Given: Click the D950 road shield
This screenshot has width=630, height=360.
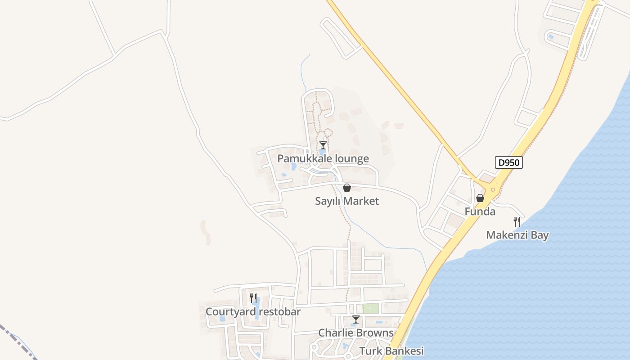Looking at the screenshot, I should tap(509, 162).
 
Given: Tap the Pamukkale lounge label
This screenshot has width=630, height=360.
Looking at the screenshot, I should tap(323, 158).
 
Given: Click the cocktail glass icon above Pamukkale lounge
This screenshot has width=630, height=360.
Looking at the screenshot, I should tap(323, 145).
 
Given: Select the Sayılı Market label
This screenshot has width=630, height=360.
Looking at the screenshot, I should tap(346, 201).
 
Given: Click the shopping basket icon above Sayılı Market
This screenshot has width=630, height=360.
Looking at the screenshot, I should tap(346, 188).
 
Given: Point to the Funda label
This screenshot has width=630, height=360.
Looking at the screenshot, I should tap(480, 211).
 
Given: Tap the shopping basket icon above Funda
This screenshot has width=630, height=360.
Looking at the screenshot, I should tap(480, 198).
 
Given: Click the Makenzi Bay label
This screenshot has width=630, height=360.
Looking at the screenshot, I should tap(517, 235).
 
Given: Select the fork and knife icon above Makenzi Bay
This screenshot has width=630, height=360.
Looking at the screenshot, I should tap(517, 221).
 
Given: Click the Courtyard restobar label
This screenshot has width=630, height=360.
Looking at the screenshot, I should tap(253, 311).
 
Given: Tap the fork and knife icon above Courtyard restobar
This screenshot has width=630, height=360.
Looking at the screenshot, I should tap(253, 298).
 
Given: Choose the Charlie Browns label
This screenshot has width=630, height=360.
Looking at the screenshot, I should tap(355, 333).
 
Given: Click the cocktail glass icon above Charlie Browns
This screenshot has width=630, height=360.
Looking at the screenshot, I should tap(355, 319).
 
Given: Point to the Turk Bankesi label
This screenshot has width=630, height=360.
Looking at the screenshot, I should tap(391, 351).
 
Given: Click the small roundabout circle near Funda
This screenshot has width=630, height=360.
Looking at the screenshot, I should tap(493, 190).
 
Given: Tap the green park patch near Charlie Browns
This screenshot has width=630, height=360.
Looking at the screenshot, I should tap(371, 309).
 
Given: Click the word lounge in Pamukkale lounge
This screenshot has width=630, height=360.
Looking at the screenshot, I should tap(351, 158).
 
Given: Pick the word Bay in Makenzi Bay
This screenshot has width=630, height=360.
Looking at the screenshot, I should tap(539, 235).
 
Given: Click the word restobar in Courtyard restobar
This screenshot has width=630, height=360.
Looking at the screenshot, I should tap(278, 311).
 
